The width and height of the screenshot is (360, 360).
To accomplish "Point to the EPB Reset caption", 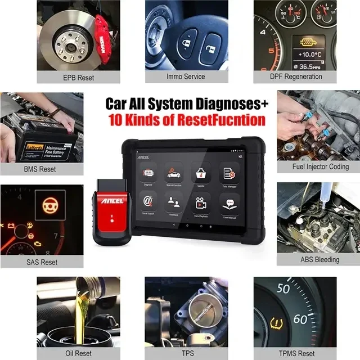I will tap(78, 77).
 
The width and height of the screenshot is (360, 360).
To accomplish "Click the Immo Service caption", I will tap(186, 76).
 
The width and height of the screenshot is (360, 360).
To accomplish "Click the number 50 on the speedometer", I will tap(283, 289).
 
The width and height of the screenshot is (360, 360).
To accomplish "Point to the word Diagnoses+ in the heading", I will tap(229, 103).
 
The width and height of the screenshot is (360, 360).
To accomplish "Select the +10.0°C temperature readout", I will tap(310, 55).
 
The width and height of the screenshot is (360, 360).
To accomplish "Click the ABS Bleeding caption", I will tap(319, 259).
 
